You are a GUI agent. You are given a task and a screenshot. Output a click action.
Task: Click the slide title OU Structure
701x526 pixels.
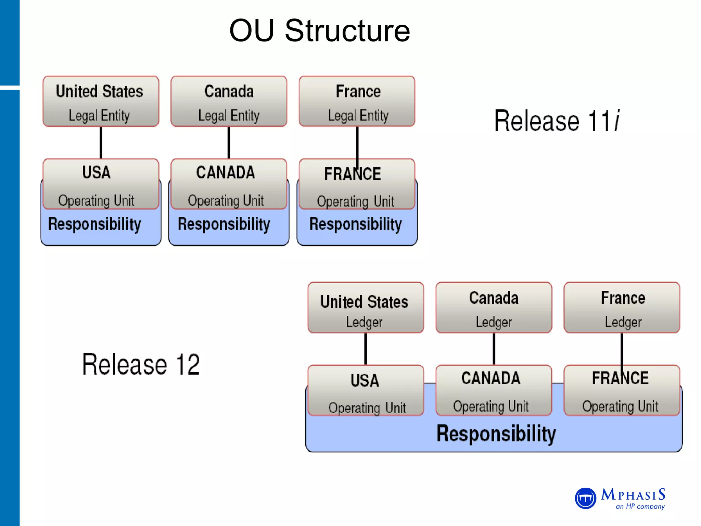point(319,31)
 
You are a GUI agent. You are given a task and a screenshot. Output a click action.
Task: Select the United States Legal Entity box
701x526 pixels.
point(101,101)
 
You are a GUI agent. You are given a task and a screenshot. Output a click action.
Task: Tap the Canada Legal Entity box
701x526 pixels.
point(229,101)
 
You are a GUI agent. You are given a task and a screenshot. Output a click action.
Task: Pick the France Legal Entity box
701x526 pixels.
point(357,101)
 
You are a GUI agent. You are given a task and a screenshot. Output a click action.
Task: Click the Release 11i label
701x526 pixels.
point(557,121)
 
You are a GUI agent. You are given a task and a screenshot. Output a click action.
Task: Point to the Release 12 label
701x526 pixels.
point(141,364)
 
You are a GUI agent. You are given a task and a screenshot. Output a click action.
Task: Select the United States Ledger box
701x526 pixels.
point(366,308)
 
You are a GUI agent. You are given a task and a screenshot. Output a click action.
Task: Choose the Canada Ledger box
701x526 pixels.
point(494,308)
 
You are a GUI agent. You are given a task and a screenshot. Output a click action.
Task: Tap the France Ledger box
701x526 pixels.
point(622,308)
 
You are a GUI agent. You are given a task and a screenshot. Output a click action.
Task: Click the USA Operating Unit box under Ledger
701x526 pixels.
point(366,390)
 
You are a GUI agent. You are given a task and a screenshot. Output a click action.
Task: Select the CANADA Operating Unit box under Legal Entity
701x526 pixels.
point(229,184)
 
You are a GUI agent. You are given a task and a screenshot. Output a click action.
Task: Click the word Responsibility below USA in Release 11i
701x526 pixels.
point(94,224)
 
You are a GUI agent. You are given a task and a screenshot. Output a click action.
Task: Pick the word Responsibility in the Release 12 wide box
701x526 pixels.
point(496,434)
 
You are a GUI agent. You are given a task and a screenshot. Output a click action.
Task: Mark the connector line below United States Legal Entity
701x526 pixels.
point(101,142)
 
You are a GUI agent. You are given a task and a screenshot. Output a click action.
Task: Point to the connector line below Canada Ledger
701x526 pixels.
point(494,349)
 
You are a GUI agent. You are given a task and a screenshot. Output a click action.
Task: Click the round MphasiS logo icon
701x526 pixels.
point(585,498)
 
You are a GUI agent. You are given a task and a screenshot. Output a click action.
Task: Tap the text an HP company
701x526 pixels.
point(640,506)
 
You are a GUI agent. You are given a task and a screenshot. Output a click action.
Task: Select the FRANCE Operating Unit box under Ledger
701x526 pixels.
point(622,390)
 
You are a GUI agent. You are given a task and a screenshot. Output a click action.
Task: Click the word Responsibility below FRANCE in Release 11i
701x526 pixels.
point(355,224)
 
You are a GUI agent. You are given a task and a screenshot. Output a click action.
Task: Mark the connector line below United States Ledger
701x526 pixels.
point(366,349)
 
